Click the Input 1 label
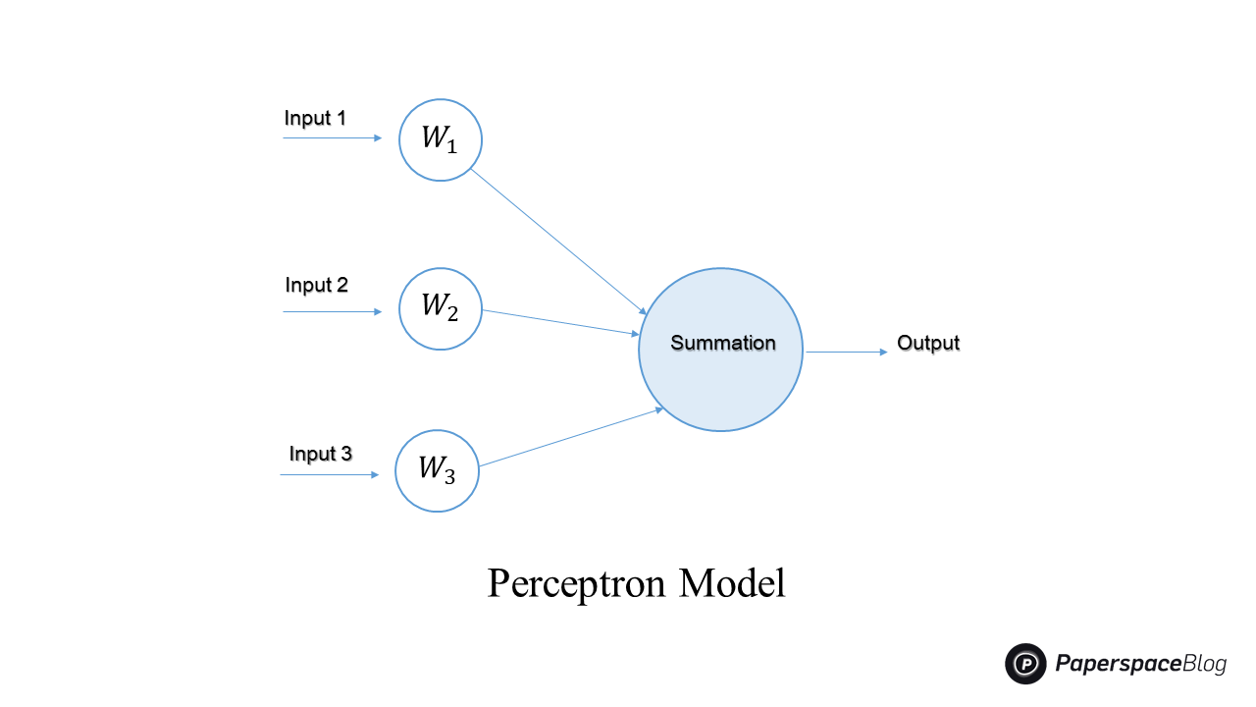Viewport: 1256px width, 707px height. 315,119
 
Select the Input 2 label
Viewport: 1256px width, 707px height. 316,286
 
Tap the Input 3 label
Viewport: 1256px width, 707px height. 320,454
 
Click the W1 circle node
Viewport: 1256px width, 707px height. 441,139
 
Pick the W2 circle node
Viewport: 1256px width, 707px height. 441,308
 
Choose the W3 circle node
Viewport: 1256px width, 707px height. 437,470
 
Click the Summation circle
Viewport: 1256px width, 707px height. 721,349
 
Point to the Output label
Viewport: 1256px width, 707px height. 928,344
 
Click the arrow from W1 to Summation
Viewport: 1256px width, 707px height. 557,241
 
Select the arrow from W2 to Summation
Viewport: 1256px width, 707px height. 560,323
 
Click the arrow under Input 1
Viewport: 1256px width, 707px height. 332,138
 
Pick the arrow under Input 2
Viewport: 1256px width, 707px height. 332,311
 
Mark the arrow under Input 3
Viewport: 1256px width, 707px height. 329,475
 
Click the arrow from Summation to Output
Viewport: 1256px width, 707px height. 846,352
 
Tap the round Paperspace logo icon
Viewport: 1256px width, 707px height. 1026,664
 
